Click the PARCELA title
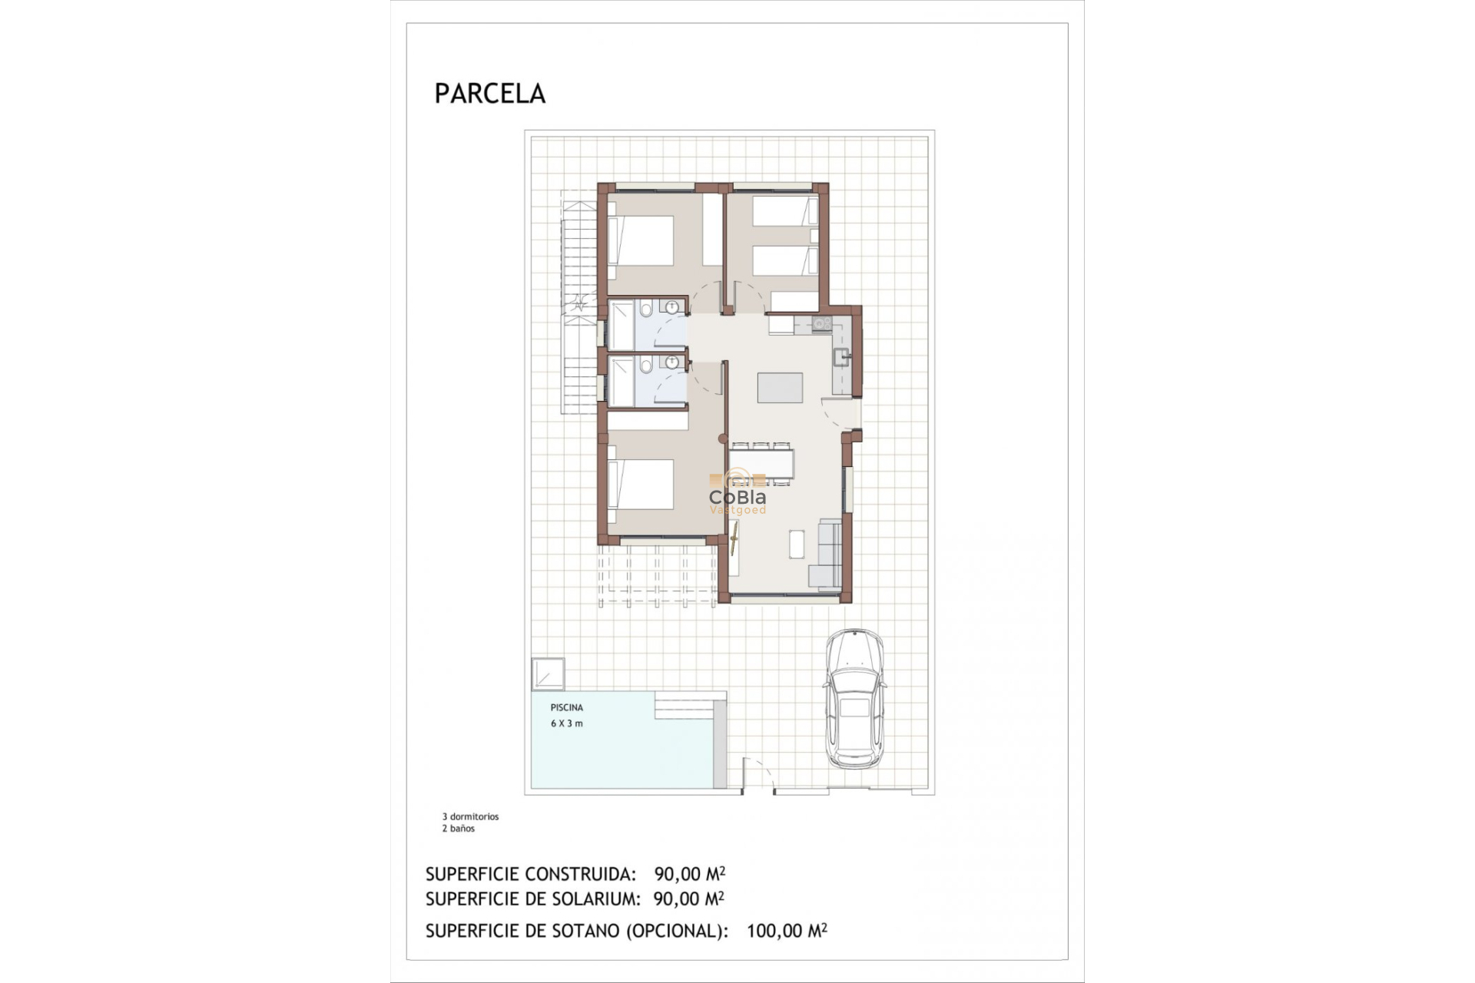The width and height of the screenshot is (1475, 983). coord(489,94)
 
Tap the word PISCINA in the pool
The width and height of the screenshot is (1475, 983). coord(567,707)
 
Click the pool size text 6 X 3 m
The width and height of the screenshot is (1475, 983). coord(567,723)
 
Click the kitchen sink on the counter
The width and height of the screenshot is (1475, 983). coord(841,356)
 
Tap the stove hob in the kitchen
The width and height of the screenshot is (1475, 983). coord(821,324)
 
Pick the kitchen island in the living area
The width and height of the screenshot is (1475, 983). coord(780,387)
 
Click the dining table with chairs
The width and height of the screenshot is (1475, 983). coord(761,463)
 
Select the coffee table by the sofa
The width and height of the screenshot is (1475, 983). coord(797,544)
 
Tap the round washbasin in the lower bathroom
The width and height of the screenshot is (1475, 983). coord(674,363)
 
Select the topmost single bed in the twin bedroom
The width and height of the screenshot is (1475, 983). coord(784,211)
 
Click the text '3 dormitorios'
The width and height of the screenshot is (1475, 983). coord(470,816)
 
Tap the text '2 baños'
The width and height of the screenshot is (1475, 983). coord(458,829)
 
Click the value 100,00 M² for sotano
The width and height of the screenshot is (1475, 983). coord(786,931)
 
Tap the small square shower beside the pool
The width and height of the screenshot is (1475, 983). coord(549,674)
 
